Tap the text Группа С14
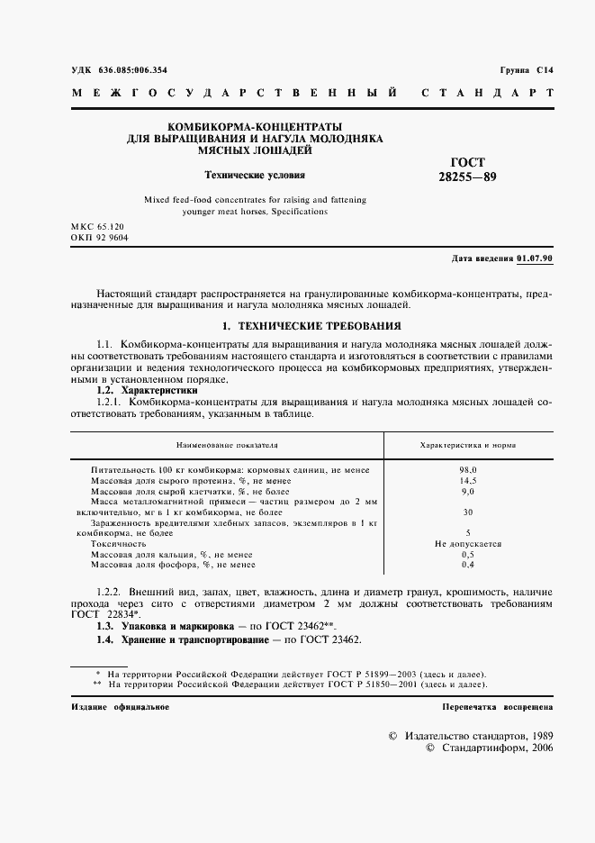(527, 69)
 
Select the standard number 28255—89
(467, 177)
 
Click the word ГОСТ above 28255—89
(467, 162)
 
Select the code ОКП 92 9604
(99, 237)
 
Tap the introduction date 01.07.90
(536, 258)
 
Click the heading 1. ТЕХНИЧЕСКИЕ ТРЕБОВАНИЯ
(311, 325)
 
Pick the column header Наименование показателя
(227, 445)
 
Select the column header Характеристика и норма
(467, 445)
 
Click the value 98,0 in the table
(467, 470)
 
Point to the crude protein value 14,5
(467, 481)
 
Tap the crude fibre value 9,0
(467, 492)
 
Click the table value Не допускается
(467, 544)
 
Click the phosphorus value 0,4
(467, 565)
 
